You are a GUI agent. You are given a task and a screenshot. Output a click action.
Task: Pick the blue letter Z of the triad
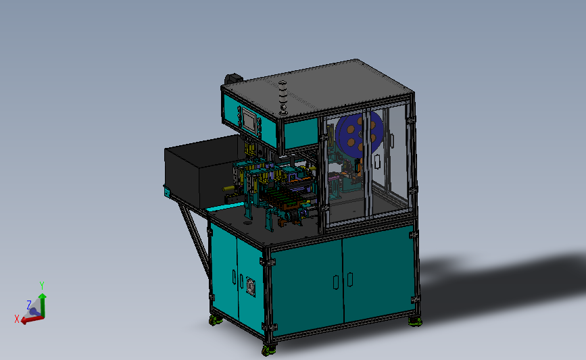[x=28, y=305]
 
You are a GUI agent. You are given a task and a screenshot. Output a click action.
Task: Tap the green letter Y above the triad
[x=42, y=286]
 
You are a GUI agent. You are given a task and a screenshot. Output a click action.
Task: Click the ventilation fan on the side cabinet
[x=252, y=286]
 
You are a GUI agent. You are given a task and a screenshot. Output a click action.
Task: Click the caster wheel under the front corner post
[x=269, y=350]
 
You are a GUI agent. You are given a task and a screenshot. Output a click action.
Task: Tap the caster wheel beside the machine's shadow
[x=414, y=321]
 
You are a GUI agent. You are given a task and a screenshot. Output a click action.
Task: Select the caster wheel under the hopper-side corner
[x=215, y=321]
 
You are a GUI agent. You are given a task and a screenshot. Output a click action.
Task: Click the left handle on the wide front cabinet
[x=335, y=280]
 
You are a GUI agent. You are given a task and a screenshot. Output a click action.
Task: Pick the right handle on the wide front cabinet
[x=351, y=278]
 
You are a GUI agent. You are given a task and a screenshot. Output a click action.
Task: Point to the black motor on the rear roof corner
[x=233, y=79]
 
